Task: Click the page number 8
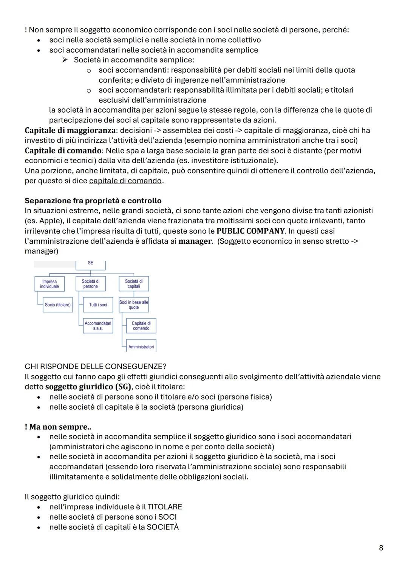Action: [x=381, y=548]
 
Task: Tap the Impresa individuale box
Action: [x=49, y=284]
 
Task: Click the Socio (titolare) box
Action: [x=58, y=305]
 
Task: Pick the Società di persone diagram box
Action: [x=90, y=284]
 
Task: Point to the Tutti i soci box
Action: [x=98, y=305]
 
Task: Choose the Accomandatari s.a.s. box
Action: [x=98, y=326]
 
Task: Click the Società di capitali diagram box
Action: [x=134, y=284]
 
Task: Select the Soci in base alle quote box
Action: [x=134, y=305]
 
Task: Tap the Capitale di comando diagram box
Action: [x=141, y=326]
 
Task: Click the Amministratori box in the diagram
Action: [x=141, y=347]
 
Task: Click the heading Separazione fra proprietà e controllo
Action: [x=93, y=201]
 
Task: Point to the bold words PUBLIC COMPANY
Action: [x=250, y=231]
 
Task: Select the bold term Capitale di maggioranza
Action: [x=70, y=130]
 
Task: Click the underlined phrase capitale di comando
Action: [x=125, y=181]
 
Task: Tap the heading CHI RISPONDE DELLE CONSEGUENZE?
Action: [x=96, y=367]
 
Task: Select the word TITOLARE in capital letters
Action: [x=164, y=507]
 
